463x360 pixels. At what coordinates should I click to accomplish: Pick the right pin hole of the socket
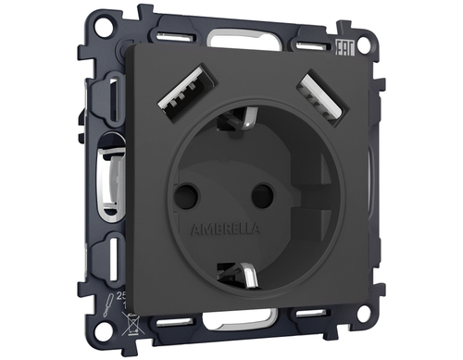pyautogui.click(x=262, y=193)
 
